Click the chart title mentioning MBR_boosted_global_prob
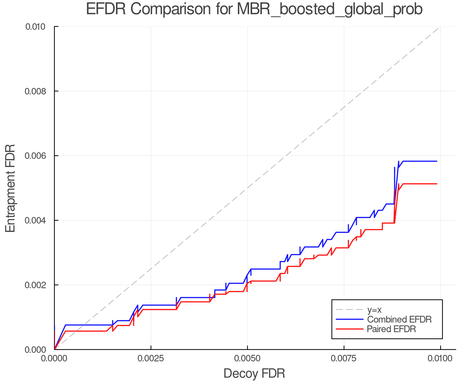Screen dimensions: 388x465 (254, 9)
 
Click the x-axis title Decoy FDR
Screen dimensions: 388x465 (254, 373)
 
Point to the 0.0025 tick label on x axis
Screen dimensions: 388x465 (151, 358)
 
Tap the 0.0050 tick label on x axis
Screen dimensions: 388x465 (247, 358)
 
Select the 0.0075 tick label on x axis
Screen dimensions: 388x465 (344, 358)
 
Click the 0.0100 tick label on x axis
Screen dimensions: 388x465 (440, 358)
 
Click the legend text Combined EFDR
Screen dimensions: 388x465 (399, 319)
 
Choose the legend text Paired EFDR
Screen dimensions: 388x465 (391, 329)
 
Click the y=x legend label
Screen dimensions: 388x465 (374, 310)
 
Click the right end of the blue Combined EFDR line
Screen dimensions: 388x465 (437, 161)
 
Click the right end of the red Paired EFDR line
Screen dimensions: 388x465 (437, 184)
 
